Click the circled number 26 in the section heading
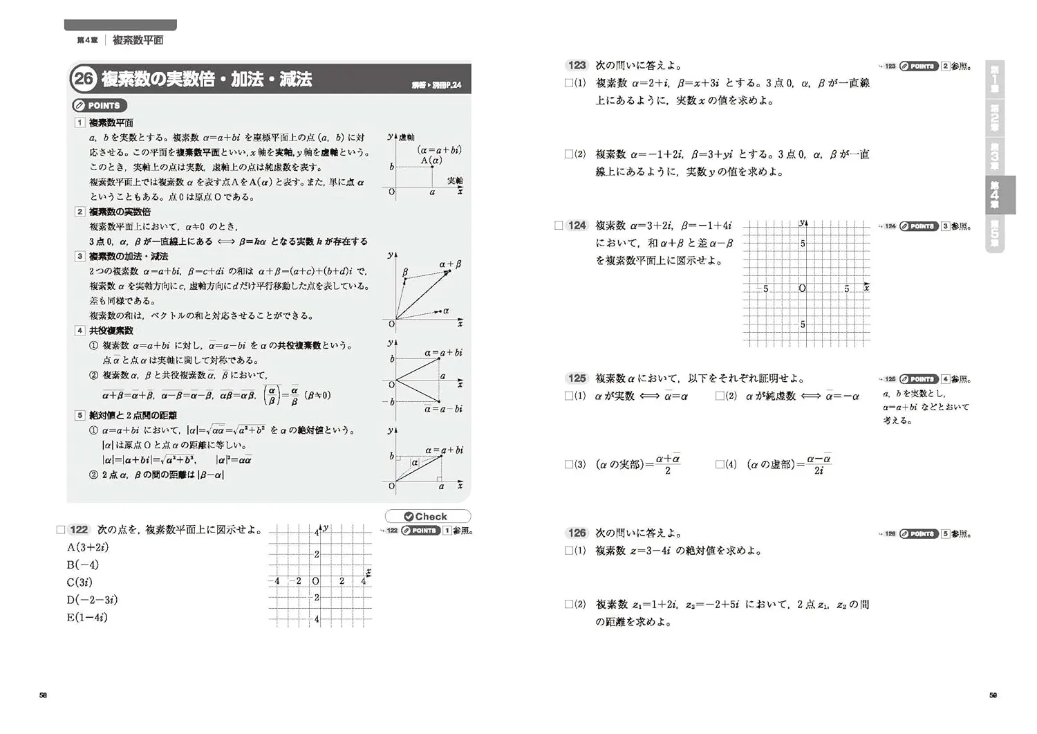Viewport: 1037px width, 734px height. (84, 79)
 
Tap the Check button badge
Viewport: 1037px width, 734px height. (427, 516)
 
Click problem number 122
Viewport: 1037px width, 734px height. (79, 529)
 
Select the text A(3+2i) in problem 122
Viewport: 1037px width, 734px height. (88, 547)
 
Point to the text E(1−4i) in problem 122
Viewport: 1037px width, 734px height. (87, 617)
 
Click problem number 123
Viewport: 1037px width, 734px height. (577, 65)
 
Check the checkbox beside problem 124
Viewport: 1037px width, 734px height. (559, 226)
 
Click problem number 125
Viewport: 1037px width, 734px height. (577, 378)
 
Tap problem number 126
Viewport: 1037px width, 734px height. (577, 533)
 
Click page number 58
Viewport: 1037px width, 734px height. (43, 695)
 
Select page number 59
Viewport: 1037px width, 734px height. (993, 695)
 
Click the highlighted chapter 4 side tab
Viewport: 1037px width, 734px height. (996, 195)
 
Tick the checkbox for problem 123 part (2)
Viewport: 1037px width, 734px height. (568, 154)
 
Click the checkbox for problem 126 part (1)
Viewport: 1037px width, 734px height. (568, 551)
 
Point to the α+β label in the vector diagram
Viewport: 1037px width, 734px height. (450, 264)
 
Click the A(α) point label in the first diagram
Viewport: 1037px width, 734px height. (431, 160)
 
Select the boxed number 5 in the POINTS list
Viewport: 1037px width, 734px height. (80, 415)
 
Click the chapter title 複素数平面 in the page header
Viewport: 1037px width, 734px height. (138, 40)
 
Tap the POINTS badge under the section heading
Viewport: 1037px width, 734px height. (100, 106)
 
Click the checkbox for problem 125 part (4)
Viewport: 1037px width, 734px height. (720, 464)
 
